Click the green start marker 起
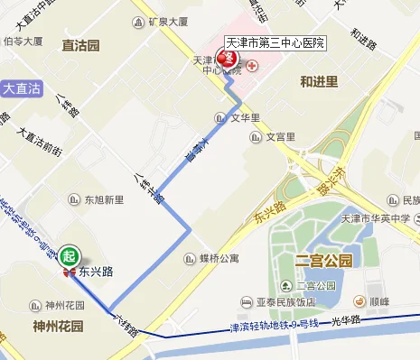pyautogui.click(x=69, y=255)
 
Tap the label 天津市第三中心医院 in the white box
pyautogui.click(x=275, y=42)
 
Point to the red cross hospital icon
pyautogui.click(x=251, y=66)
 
